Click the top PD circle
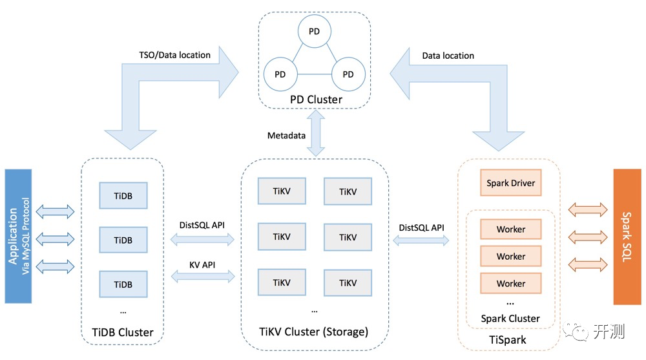(x=315, y=31)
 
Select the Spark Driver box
(x=510, y=183)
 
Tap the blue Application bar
(x=18, y=236)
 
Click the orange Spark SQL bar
(x=627, y=237)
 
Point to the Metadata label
(x=286, y=136)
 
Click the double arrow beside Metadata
(x=316, y=133)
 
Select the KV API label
(x=202, y=265)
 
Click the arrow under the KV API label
(x=203, y=276)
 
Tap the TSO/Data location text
(x=174, y=55)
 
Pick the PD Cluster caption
(x=316, y=100)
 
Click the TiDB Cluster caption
(x=122, y=332)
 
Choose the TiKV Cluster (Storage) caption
(x=313, y=332)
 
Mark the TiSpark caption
(x=507, y=340)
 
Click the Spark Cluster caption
(x=510, y=319)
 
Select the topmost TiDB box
(x=123, y=195)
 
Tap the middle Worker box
(x=510, y=256)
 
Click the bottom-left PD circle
(x=280, y=74)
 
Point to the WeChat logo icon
(x=576, y=330)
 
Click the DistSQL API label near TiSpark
(x=421, y=228)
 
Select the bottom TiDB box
(x=123, y=284)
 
